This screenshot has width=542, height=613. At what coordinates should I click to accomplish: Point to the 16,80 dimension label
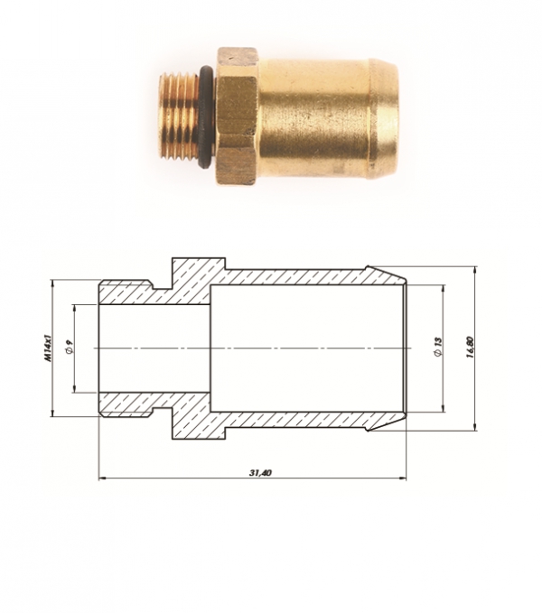coord(471,348)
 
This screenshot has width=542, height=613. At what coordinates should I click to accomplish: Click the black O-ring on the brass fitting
coord(206,118)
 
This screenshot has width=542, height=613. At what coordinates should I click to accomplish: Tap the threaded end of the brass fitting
coord(180,117)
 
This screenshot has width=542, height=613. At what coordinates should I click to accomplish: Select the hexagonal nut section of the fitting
coord(238,116)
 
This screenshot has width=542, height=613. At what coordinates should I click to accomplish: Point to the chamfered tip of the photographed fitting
coord(384,116)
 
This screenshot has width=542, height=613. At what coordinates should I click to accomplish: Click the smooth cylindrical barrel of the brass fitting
coord(313,116)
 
